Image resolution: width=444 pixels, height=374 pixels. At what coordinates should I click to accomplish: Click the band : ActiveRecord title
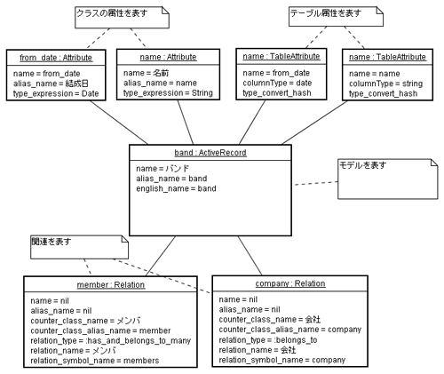click(x=210, y=153)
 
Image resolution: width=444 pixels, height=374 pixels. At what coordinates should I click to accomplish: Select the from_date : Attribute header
click(x=56, y=58)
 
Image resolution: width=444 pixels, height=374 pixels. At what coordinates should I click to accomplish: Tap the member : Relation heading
click(x=111, y=285)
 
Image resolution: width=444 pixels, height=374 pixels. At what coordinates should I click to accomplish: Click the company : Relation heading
click(x=290, y=283)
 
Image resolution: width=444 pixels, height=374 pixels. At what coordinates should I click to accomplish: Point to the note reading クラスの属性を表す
click(x=122, y=18)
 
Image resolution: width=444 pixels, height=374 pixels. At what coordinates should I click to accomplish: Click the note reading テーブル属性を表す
click(x=336, y=17)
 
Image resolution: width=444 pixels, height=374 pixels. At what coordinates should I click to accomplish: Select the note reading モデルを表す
click(x=388, y=179)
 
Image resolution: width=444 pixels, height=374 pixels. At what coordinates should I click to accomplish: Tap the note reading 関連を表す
click(x=79, y=247)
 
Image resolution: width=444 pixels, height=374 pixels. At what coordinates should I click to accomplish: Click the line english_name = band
click(x=176, y=188)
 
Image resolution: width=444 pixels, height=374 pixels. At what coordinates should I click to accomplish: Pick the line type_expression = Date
click(x=56, y=93)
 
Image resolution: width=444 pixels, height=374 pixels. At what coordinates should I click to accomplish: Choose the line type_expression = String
click(x=168, y=93)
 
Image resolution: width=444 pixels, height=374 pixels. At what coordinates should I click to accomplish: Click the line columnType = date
click(x=277, y=83)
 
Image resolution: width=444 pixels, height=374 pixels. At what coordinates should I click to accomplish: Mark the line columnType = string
click(x=385, y=84)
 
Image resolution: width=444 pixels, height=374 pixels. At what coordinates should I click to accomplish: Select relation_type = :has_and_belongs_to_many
click(x=111, y=341)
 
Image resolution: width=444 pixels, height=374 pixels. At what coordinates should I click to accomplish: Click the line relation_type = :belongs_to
click(x=268, y=340)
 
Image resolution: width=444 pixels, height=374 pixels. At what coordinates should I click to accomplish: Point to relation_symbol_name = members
click(x=95, y=361)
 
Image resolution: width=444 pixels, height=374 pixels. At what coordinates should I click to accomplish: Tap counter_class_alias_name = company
click(x=290, y=330)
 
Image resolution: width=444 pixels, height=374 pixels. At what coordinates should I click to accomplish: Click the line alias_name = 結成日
click(x=51, y=84)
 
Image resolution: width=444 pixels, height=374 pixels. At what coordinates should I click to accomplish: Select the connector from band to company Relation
click(x=250, y=256)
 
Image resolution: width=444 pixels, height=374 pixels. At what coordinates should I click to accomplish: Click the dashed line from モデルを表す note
click(x=316, y=183)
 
